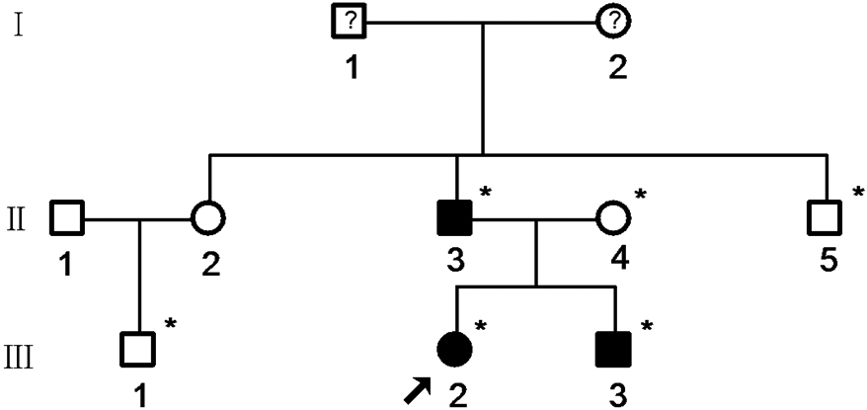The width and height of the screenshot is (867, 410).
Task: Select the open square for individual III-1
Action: coord(137,347)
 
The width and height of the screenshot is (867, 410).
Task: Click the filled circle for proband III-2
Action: coord(455,347)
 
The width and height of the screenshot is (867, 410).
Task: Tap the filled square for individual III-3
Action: coord(614,347)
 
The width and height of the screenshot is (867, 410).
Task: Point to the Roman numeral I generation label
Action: coord(19,25)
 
